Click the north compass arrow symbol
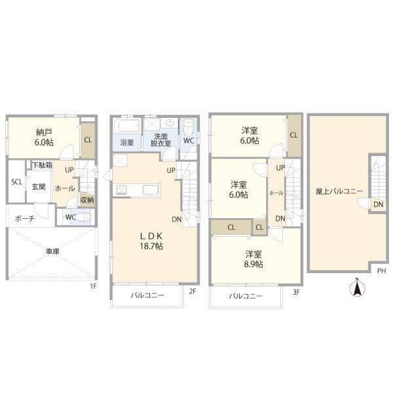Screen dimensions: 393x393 pyautogui.click(x=358, y=288)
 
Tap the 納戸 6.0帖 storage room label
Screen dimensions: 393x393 pyautogui.click(x=44, y=137)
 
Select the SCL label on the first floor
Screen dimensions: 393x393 pyautogui.click(x=17, y=182)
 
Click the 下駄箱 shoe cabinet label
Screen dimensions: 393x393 pyautogui.click(x=42, y=165)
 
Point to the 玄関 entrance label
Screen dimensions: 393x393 pyautogui.click(x=39, y=187)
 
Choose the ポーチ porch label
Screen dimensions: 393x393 pyautogui.click(x=25, y=218)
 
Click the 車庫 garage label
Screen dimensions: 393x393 pyautogui.click(x=52, y=252)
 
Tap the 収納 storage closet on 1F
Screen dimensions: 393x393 pyautogui.click(x=87, y=200)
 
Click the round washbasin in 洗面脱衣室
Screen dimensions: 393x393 pyautogui.click(x=170, y=123)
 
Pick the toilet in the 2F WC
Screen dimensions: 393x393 pyautogui.click(x=188, y=127)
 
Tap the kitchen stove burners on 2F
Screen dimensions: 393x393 pyautogui.click(x=122, y=189)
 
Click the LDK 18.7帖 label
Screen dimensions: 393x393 pyautogui.click(x=151, y=241)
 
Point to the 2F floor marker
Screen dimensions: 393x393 pyautogui.click(x=192, y=291)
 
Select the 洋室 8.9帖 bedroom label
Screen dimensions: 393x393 pyautogui.click(x=253, y=259)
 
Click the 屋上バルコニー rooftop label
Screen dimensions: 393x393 pyautogui.click(x=339, y=191)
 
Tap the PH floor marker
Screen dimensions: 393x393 pyautogui.click(x=382, y=271)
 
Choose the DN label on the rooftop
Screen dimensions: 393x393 pyautogui.click(x=378, y=204)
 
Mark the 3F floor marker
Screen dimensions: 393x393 pyautogui.click(x=296, y=292)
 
